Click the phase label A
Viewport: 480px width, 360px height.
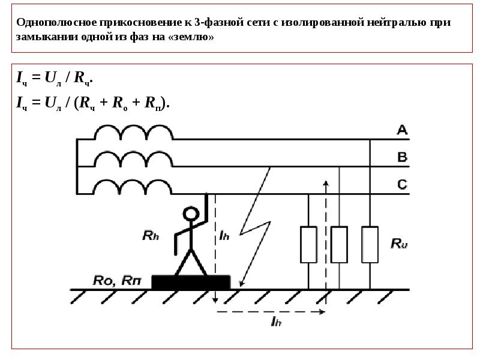[x=402, y=130]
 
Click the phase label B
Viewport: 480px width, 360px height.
[x=402, y=157]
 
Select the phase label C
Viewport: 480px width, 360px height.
[x=402, y=184]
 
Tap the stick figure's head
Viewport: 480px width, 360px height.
[x=191, y=214]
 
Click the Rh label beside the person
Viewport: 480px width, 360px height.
[x=151, y=236]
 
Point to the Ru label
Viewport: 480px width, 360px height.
[x=399, y=244]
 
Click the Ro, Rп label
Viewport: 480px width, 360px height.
[x=117, y=280]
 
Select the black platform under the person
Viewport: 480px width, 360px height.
[x=191, y=282]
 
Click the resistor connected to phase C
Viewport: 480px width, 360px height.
[x=308, y=245]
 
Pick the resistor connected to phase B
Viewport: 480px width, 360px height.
[x=339, y=245]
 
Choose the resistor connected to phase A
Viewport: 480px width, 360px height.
[x=370, y=245]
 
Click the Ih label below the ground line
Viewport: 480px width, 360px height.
[x=276, y=321]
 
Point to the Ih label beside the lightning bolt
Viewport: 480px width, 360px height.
[x=224, y=236]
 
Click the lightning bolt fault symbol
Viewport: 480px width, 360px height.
[x=255, y=227]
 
